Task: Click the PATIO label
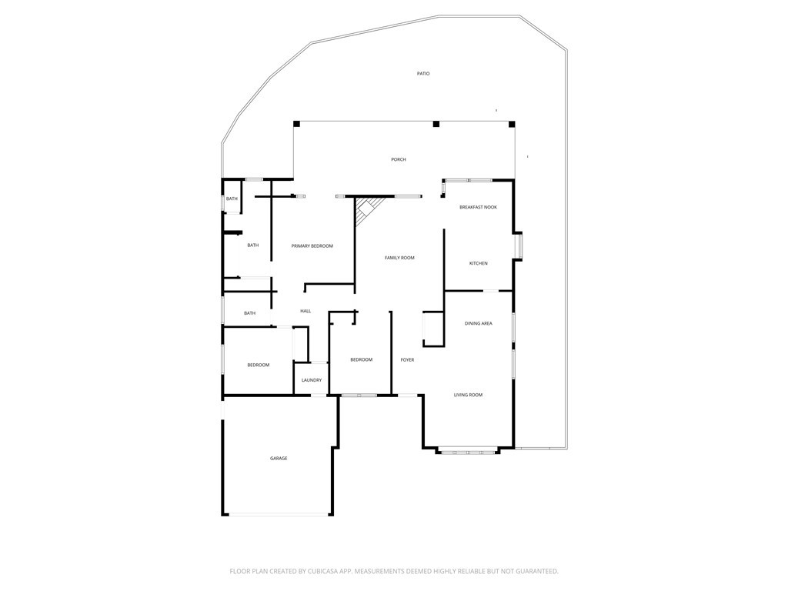[423, 74]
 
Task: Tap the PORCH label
[398, 159]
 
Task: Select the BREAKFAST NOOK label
[478, 207]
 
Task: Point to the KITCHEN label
[478, 264]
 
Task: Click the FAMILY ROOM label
[399, 258]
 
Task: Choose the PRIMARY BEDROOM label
[312, 245]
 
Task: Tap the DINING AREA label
[478, 323]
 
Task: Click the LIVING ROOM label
[468, 395]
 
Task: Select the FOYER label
[407, 359]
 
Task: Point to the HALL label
[306, 311]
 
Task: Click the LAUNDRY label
[312, 380]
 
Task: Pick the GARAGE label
[279, 459]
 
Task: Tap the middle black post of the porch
[436, 124]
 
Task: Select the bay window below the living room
[468, 452]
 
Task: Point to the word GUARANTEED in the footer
[533, 571]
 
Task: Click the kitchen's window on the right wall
[519, 245]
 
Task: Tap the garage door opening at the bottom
[279, 515]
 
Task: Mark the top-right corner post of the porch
[512, 124]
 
